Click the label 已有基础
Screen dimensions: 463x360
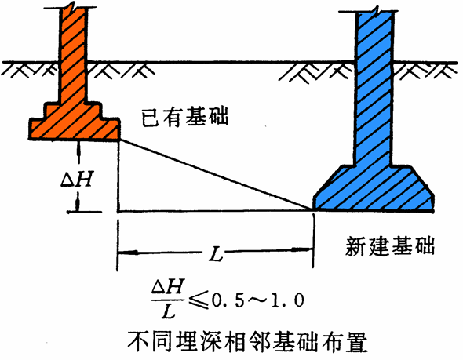(185, 117)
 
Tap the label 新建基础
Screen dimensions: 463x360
(390, 246)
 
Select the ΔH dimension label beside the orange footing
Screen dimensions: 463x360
(77, 180)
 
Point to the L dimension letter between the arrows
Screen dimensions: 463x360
(216, 254)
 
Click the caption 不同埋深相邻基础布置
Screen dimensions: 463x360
(247, 341)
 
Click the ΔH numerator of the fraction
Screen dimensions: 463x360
(168, 286)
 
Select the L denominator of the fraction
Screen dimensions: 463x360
(168, 311)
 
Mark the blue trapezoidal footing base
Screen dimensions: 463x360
(374, 188)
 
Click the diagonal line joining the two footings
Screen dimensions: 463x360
(216, 175)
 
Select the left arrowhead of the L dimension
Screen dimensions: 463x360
(128, 253)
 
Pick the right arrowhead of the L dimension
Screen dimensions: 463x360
(303, 250)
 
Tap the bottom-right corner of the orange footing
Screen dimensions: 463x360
(119, 140)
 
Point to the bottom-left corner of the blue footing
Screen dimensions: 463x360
(313, 210)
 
